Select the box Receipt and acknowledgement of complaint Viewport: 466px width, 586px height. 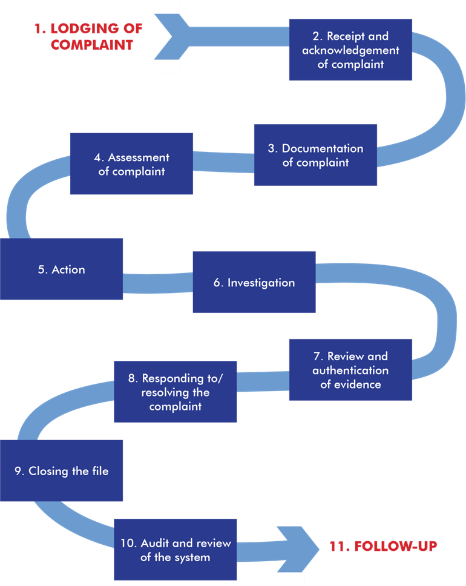[350, 50]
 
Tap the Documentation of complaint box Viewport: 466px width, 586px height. [315, 155]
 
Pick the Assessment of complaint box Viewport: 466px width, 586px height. [131, 164]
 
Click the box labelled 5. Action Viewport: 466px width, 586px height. [61, 269]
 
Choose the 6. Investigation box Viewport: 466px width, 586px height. [254, 283]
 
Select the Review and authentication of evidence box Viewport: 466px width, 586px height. [350, 369]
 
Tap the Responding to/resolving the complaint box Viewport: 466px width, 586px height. [175, 392]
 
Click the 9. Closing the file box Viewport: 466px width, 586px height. [61, 471]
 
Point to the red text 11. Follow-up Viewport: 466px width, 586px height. [382, 546]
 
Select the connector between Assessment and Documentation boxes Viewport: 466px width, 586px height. [223, 162]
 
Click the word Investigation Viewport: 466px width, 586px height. [261, 283]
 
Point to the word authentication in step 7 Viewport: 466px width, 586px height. [350, 370]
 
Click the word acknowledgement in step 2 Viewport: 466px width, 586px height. [350, 50]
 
